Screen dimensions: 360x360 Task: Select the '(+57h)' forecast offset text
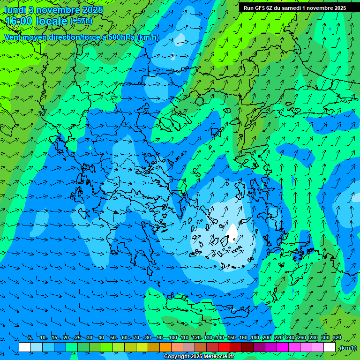click(81, 21)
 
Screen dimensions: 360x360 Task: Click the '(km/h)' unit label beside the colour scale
click(348, 348)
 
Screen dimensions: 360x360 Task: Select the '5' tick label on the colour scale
click(30, 338)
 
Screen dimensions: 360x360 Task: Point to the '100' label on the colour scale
click(172, 338)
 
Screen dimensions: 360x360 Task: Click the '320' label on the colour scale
click(337, 338)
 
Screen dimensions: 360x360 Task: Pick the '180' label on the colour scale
click(255, 338)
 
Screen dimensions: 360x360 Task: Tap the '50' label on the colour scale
click(113, 338)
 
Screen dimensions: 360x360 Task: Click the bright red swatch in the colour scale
click(224, 347)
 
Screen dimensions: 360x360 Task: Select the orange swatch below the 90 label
click(165, 347)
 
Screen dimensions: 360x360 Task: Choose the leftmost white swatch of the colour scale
click(25, 347)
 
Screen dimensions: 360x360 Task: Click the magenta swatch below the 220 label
click(283, 347)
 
